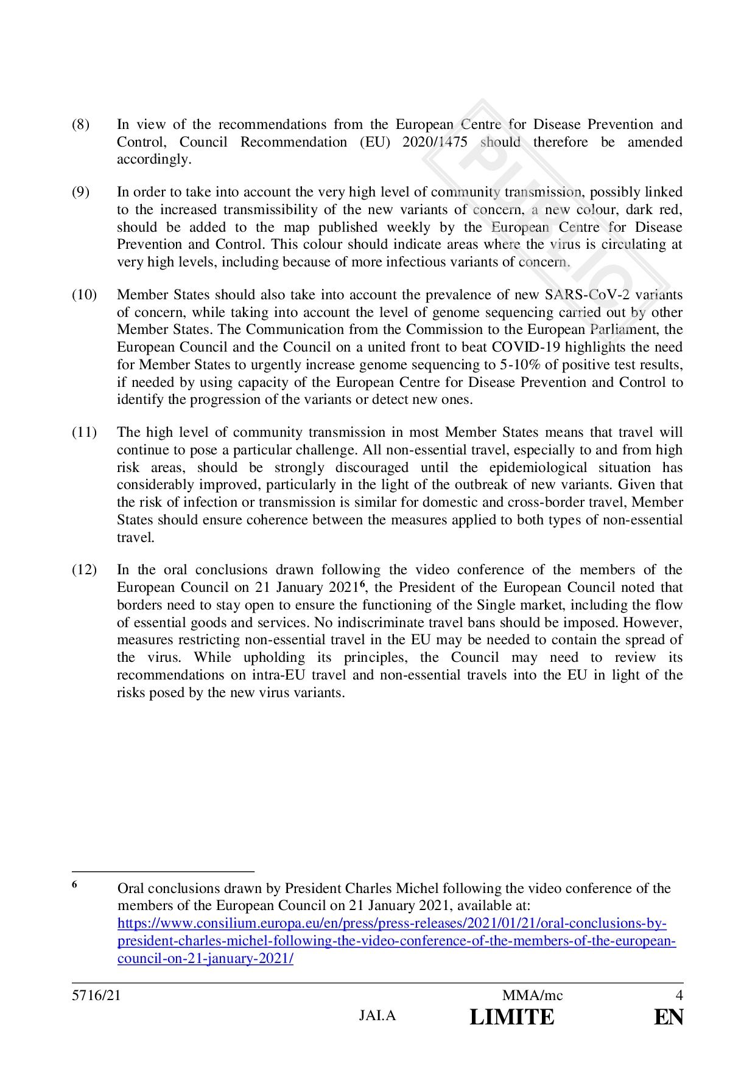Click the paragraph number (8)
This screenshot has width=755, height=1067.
80,125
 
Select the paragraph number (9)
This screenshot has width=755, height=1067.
80,192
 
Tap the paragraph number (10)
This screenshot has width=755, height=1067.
84,295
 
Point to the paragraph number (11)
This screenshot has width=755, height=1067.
84,433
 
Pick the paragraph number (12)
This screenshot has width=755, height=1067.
84,570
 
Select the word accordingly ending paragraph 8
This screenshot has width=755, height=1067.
154,160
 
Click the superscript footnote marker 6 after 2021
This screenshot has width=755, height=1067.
362,585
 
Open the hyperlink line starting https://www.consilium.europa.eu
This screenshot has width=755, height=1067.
392,924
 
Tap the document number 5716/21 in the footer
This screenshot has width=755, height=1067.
92,996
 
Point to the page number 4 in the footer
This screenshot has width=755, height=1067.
679,996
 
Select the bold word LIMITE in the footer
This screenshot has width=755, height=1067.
512,1017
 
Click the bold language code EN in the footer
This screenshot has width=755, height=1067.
669,1017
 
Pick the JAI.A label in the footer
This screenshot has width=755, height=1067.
377,1016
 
